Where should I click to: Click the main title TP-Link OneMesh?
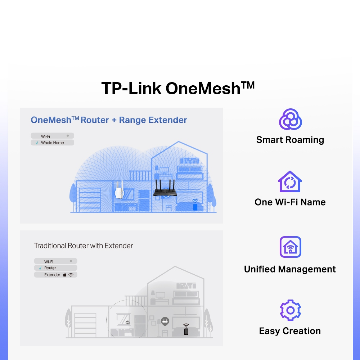pos(178,88)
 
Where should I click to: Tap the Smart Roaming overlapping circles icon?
pos(290,120)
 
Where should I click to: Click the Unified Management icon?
pos(290,247)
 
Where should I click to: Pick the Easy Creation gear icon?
pos(290,310)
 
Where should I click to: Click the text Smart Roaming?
pos(290,140)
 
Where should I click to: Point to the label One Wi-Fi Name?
pos(290,202)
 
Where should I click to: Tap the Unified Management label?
pos(290,269)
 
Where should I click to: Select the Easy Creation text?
pos(290,331)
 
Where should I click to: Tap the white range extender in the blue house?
pos(119,189)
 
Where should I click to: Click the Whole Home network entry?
pos(52,143)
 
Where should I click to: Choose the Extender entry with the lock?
pos(56,275)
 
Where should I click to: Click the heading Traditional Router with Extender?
pos(84,246)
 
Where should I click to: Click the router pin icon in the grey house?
pos(165,321)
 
